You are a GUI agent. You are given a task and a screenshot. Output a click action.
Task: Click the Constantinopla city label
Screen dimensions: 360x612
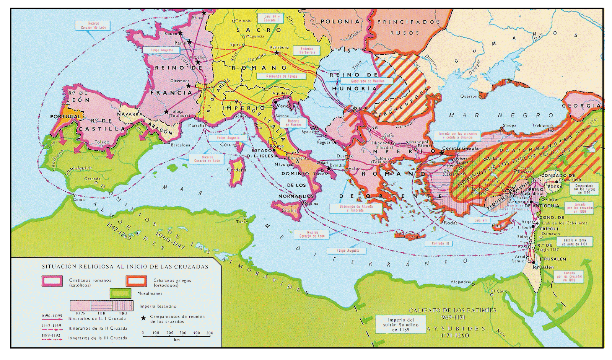[460, 148]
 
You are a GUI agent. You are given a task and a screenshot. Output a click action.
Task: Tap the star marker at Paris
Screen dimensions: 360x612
[189, 41]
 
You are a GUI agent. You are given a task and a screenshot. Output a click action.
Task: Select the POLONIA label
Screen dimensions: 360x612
[340, 22]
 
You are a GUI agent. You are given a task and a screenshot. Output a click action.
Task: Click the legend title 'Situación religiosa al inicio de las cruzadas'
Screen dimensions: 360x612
[125, 267]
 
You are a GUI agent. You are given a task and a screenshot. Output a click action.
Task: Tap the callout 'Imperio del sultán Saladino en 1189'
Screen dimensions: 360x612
[400, 324]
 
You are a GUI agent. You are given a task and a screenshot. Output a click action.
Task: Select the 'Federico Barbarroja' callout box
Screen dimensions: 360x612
[307, 50]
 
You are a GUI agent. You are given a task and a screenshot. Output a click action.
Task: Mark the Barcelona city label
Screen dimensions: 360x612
[181, 145]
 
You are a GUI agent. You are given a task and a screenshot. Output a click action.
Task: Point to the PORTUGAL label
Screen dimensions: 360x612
[65, 116]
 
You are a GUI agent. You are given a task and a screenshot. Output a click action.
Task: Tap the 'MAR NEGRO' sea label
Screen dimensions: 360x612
[501, 115]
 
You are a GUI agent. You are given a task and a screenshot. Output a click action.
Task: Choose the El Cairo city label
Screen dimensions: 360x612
[499, 291]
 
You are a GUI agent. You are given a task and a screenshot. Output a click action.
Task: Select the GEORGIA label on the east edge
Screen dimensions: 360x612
[581, 106]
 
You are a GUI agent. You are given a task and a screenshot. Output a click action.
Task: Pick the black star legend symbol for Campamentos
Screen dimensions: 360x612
[143, 318]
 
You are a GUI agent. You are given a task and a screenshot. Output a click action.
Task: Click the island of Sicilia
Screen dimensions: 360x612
[288, 210]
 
